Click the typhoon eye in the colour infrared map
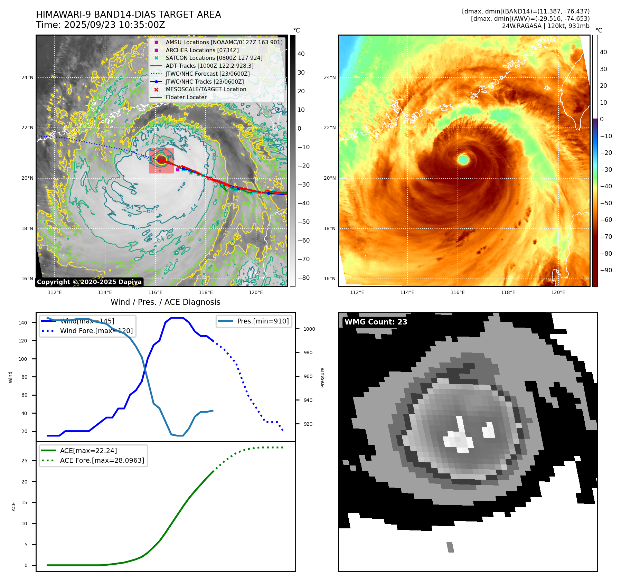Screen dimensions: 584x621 463,160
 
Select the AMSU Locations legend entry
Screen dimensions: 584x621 224,42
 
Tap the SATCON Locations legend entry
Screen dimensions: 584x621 214,58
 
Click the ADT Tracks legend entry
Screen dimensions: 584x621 209,66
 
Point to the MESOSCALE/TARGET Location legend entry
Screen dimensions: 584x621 206,90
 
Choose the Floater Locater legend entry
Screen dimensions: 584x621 186,97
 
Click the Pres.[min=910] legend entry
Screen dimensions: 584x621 263,321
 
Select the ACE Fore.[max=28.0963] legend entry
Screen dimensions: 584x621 102,460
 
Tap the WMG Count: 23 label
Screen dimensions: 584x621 376,322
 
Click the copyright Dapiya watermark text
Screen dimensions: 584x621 89,282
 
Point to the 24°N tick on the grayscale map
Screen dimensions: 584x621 27,77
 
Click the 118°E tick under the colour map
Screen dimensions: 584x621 508,293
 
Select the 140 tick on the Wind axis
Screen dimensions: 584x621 23,323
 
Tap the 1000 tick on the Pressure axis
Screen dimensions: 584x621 309,329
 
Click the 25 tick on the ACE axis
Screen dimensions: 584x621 24,461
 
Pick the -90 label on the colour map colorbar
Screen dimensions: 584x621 606,270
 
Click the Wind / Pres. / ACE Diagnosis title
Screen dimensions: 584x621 165,302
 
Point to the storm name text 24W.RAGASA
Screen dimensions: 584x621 521,26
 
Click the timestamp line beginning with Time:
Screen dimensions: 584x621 101,25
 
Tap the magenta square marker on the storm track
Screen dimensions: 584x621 178,170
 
